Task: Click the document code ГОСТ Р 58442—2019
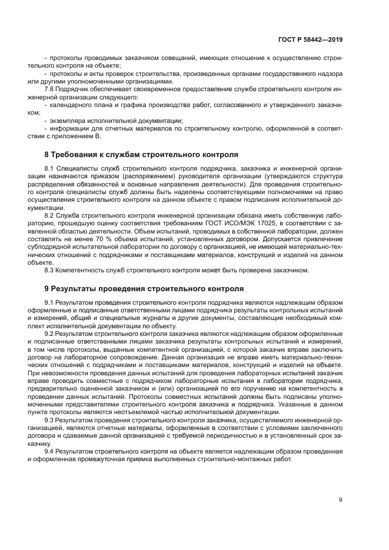[310, 39]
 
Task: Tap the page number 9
[340, 500]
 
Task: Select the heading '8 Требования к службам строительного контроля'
[141, 155]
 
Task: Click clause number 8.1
[51, 169]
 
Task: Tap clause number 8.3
[51, 270]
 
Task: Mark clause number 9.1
[51, 303]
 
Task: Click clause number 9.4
[51, 451]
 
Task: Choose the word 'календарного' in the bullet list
[70, 104]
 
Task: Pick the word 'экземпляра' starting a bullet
[67, 119]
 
